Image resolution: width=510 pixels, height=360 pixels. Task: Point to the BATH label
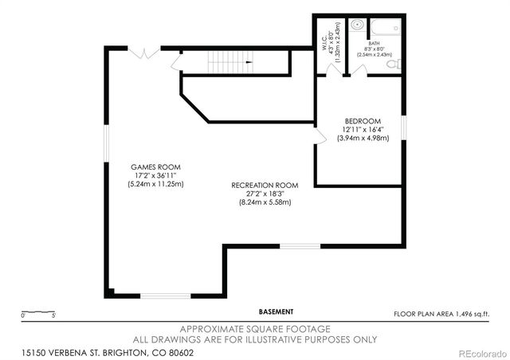point(374,44)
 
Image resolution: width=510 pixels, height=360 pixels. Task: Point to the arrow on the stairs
point(249,61)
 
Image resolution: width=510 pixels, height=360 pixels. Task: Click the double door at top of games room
point(144,53)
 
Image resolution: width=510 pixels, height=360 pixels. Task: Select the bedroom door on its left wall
point(320,137)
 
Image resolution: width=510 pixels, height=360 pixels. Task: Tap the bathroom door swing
point(359,70)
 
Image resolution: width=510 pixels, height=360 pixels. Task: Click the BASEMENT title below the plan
point(276,311)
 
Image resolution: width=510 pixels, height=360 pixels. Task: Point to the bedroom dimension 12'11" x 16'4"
point(363,129)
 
